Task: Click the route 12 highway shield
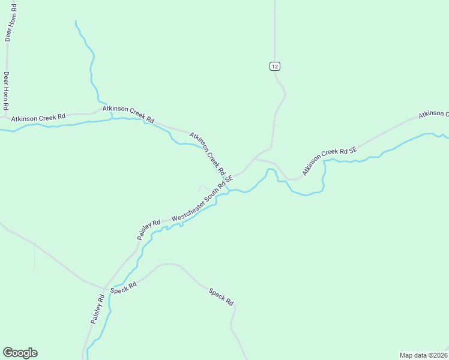coord(274,66)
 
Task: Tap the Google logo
coord(20,353)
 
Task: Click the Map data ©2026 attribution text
coord(423,355)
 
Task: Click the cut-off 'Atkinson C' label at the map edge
coord(433,113)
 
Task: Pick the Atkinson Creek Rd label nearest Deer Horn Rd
coord(38,118)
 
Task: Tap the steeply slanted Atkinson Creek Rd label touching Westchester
coord(208,154)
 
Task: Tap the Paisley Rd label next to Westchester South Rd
coord(148,229)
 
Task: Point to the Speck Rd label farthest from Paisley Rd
coord(221,298)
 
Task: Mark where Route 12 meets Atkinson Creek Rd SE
coord(256,159)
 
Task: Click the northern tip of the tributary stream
coord(76,21)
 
